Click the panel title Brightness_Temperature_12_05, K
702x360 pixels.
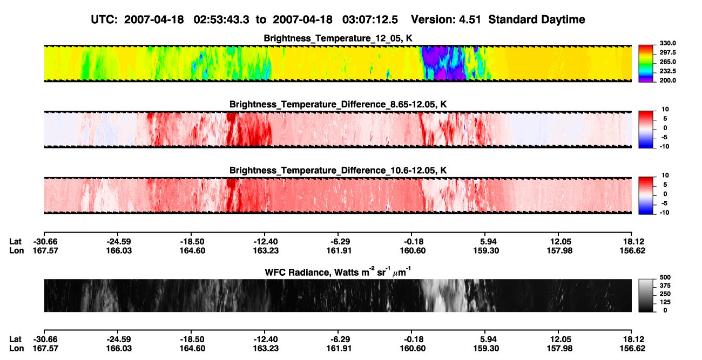pos(338,38)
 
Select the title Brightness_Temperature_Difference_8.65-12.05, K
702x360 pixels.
pos(338,104)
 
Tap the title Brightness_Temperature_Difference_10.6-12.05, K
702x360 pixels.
pos(338,171)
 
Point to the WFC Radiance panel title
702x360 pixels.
pos(338,272)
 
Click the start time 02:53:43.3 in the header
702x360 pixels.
pos(221,20)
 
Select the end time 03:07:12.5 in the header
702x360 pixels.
pos(370,20)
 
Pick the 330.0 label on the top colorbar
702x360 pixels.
pos(667,43)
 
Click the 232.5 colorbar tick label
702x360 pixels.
pos(667,71)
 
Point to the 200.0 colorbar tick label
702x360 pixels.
pos(667,80)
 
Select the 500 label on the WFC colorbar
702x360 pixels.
pos(665,277)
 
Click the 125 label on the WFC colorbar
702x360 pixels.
pos(665,302)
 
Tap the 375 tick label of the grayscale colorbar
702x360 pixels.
pos(665,286)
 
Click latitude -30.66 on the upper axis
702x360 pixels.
pos(45,242)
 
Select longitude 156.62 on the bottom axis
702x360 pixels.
pos(632,349)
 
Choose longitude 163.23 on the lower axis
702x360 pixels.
pos(266,349)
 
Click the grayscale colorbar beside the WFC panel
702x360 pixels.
pos(646,295)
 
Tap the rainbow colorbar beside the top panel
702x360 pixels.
pos(646,64)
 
